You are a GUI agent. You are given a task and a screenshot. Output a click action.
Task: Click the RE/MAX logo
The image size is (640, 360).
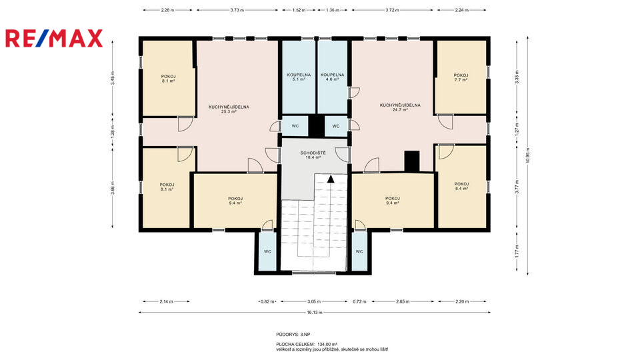coord(54,39)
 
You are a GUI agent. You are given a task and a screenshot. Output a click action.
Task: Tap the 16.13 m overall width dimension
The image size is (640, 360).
coord(315,313)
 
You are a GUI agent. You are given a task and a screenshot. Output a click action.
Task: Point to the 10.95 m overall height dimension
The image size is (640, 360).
coord(528,155)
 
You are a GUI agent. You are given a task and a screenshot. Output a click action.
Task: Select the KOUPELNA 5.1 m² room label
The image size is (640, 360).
coord(299,77)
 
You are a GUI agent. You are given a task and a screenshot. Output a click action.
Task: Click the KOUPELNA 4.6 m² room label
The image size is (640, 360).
coord(332,77)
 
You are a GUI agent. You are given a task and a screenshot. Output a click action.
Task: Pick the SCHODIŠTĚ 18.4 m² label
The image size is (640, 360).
coord(313,155)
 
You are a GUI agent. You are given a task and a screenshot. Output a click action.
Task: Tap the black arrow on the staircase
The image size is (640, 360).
coord(331,179)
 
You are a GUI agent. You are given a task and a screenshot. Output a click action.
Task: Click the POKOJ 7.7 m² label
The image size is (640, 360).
coord(461,77)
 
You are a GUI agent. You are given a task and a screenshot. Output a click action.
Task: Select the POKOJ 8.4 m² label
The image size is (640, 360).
coord(461,186)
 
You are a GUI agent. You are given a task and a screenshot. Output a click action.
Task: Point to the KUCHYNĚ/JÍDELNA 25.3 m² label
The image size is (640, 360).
coord(229,109)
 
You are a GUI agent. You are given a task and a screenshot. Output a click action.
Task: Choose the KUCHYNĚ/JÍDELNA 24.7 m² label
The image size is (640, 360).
coord(400,107)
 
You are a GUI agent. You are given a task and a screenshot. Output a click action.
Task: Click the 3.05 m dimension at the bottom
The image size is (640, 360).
coord(314,301)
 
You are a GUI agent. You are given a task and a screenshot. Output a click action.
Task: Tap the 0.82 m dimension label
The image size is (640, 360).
coord(267,301)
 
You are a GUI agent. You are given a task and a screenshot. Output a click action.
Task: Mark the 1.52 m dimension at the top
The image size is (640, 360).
coord(299,10)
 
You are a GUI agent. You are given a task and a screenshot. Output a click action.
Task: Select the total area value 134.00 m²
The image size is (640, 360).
coord(327,345)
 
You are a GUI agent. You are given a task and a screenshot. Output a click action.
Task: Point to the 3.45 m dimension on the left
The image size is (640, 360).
coord(113,78)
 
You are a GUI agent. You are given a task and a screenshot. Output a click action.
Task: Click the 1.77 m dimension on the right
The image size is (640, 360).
coord(517,251)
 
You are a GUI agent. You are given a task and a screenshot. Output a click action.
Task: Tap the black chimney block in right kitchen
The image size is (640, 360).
coord(412,161)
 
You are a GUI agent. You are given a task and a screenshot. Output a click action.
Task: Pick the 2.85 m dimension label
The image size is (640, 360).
coord(403,301)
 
